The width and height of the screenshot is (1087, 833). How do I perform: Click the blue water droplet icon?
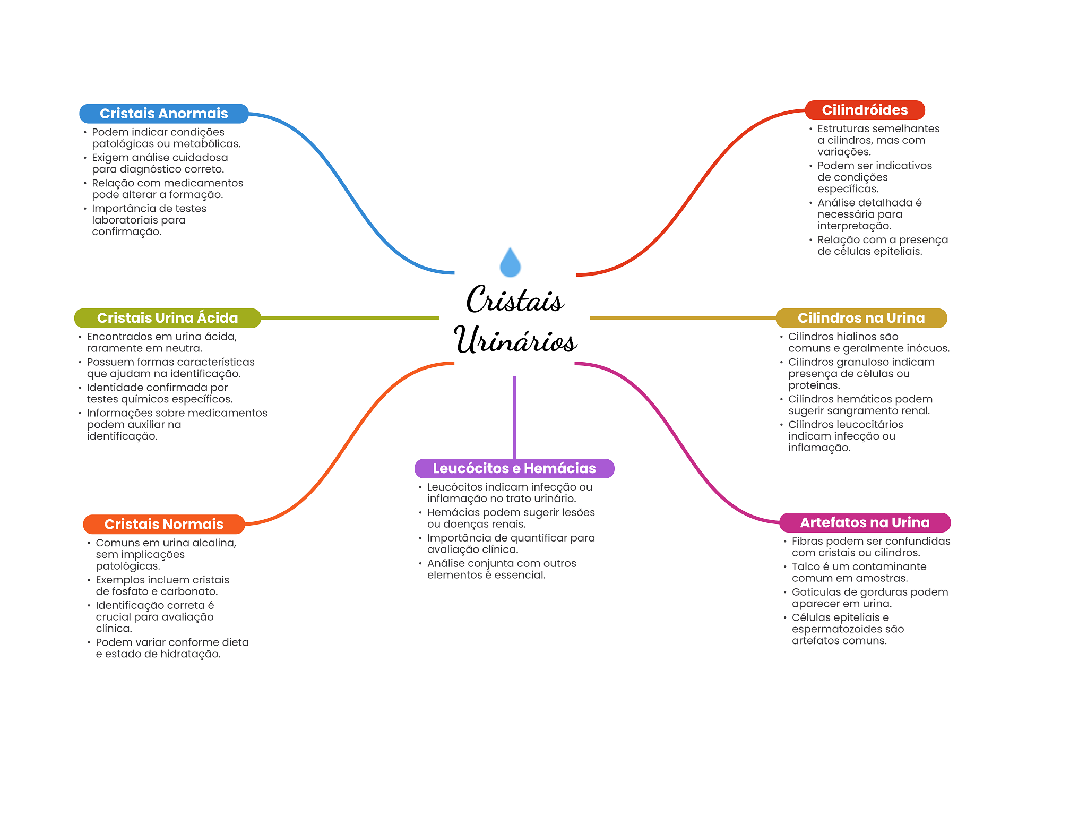point(510,262)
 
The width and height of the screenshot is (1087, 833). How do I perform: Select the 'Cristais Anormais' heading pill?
point(164,114)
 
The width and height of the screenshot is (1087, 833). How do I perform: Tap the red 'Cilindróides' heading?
point(865,110)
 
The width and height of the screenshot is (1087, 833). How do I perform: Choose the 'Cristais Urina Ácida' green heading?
point(167,318)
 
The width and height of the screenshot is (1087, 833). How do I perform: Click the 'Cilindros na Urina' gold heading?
point(861,318)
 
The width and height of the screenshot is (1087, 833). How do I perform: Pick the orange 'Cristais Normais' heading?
point(164,524)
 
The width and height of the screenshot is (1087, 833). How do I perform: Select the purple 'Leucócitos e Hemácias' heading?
point(514,468)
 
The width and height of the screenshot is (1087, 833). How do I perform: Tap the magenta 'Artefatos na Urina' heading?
point(865,522)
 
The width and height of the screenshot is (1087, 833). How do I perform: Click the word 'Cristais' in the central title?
point(515,299)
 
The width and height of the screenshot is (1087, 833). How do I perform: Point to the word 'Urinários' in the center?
point(515,340)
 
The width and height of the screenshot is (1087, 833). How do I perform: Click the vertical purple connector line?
point(514,417)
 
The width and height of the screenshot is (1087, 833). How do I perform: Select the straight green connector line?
point(350,318)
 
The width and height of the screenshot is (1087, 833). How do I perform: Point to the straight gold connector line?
point(683,318)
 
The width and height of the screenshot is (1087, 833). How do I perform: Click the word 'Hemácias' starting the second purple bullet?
point(450,512)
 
